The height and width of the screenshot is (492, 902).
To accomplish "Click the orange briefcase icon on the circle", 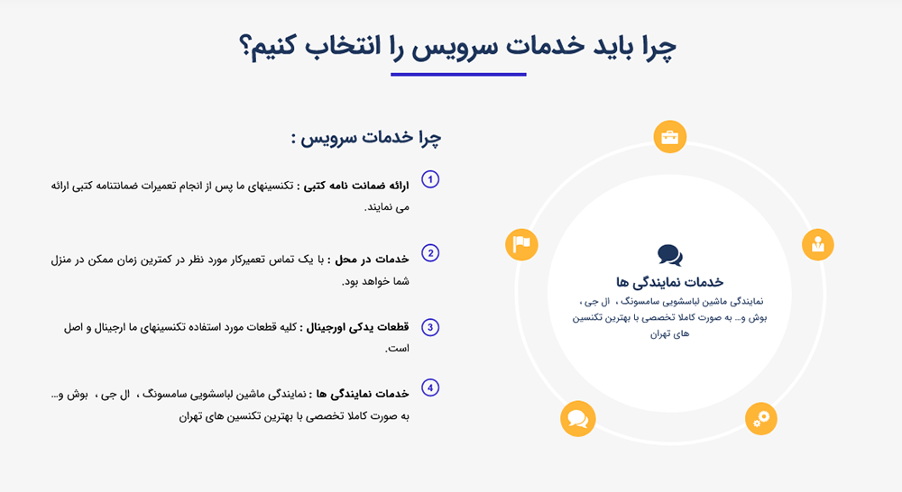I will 670,137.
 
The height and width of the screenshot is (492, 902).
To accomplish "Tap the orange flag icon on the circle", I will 522,243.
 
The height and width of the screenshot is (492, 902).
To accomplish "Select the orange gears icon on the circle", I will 761,417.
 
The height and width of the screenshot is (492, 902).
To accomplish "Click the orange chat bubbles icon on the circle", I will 577,419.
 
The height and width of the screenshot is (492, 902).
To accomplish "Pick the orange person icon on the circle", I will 818,243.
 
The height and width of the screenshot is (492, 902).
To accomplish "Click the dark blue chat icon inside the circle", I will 670,255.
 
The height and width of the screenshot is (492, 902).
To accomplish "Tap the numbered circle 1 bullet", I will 430,180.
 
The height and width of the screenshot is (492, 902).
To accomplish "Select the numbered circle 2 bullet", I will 430,253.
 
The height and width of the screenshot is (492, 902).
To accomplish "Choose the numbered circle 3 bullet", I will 430,327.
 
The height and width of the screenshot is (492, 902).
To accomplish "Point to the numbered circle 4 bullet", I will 430,388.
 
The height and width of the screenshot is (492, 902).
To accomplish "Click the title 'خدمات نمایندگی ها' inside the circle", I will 670,282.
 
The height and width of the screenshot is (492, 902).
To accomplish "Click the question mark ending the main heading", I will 245,47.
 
